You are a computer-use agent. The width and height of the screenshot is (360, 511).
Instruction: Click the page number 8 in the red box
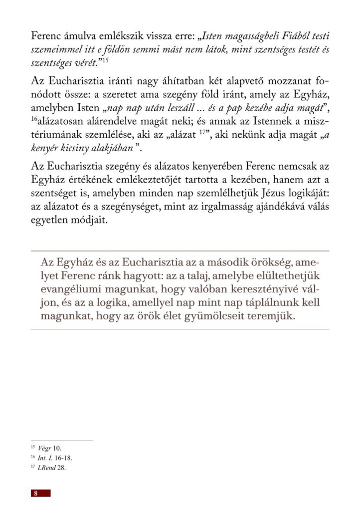(x=36, y=493)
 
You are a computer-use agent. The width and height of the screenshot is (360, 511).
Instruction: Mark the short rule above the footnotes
(x=62, y=441)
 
